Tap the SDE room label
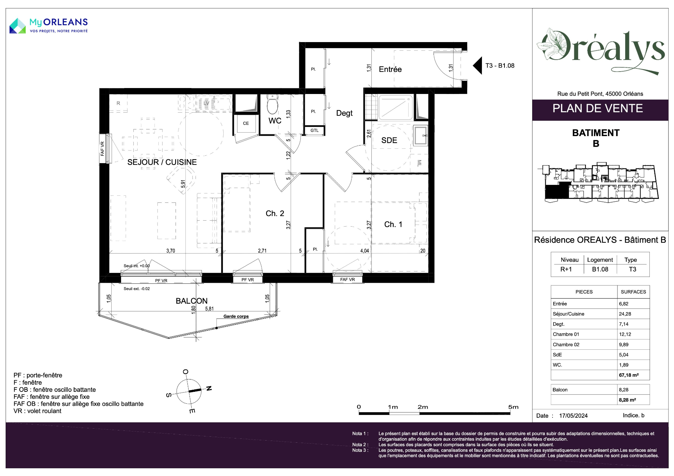coord(389,140)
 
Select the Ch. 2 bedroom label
coord(275,213)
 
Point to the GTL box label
coord(315,130)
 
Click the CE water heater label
coord(246,123)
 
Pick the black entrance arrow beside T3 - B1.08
coord(477,66)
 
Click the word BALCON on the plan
coord(192,301)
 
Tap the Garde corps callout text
coord(236,316)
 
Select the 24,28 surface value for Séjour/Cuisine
coord(625,314)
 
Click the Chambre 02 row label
coord(566,344)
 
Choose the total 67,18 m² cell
coord(629,375)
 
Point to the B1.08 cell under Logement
coord(600,269)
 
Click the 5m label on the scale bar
coord(513,407)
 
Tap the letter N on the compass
coord(209,388)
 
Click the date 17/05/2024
coord(573,416)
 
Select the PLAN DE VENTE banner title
coord(597,108)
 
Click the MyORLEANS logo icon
coord(18,26)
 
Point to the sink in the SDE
coord(421,135)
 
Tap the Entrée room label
coord(390,69)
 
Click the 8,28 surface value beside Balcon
coord(623,390)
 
